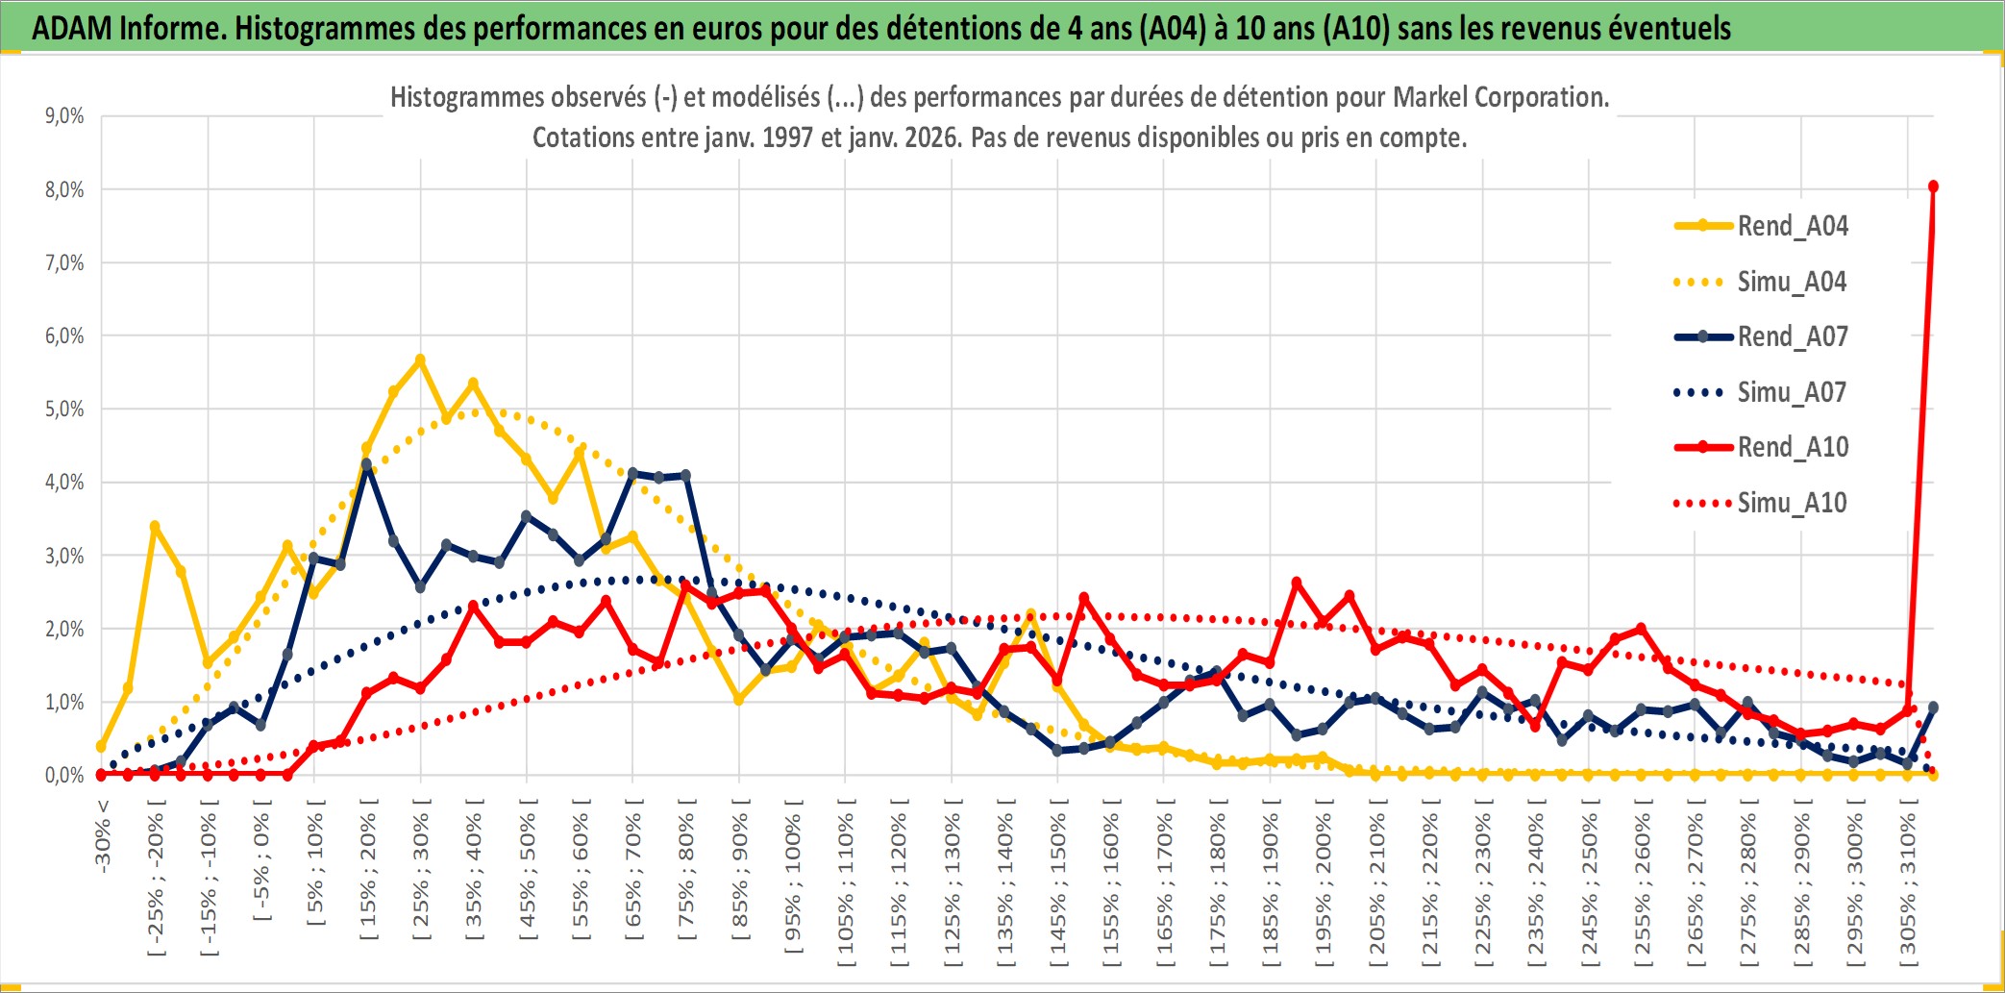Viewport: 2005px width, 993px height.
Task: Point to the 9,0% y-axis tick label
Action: pyautogui.click(x=64, y=116)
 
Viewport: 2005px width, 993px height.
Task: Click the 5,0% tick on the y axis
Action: pyautogui.click(x=64, y=410)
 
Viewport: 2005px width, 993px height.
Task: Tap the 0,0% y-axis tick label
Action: pyautogui.click(x=64, y=776)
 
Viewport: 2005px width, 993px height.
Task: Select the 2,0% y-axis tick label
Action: pyautogui.click(x=64, y=630)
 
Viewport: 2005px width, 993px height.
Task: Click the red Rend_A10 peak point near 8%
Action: pyautogui.click(x=1933, y=186)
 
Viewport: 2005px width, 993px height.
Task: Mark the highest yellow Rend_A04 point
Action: pyautogui.click(x=420, y=360)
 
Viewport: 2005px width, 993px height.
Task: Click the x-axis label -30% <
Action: pyautogui.click(x=103, y=836)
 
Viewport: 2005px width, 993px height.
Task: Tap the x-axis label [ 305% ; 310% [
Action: pyautogui.click(x=1908, y=885)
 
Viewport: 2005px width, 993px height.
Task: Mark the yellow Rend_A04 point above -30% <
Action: pyautogui.click(x=101, y=747)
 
